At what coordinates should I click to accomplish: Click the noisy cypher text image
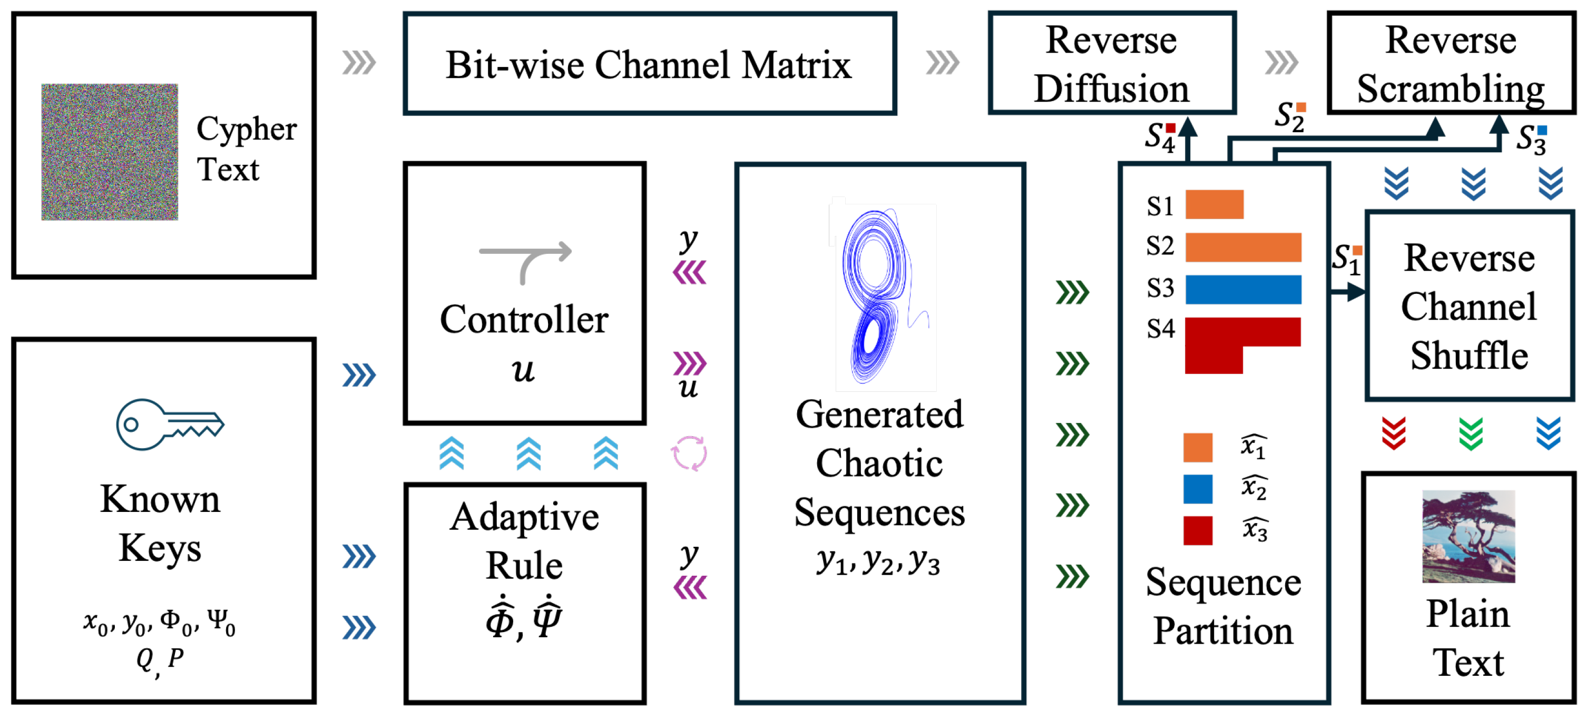click(x=110, y=152)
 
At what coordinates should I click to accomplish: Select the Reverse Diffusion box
click(x=1111, y=63)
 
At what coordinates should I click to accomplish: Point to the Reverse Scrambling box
click(x=1450, y=63)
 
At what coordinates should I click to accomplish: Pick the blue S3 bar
click(x=1243, y=289)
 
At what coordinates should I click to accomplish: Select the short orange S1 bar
click(x=1214, y=204)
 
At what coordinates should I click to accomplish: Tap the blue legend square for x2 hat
click(x=1198, y=489)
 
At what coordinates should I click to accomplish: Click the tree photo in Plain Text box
click(x=1468, y=536)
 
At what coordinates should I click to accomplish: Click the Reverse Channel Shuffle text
click(x=1469, y=307)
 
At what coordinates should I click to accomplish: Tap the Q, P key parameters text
click(x=159, y=659)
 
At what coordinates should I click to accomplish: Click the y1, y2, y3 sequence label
click(x=878, y=561)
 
